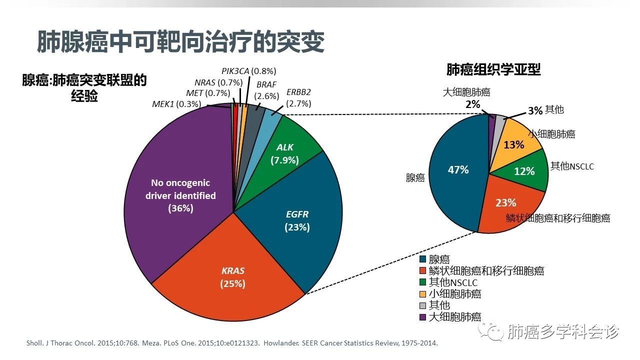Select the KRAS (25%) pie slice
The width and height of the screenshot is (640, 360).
point(232,277)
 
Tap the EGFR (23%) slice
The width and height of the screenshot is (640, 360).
point(297,220)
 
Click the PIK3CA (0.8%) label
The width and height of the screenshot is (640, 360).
point(248,71)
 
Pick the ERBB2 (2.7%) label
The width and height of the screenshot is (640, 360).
point(299,98)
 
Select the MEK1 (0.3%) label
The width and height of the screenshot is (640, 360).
point(176,104)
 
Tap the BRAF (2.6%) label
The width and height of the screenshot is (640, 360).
point(266,90)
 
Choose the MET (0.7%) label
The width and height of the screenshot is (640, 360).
point(208,93)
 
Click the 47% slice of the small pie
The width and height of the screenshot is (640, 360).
point(458,170)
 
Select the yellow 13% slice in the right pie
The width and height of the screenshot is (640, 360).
point(513,144)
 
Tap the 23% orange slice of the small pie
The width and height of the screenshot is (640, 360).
point(505,202)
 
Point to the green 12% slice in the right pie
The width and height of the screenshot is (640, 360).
point(524,171)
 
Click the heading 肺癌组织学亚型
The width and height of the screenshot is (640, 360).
point(493,69)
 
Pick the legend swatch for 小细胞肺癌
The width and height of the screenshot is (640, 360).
point(422,294)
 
